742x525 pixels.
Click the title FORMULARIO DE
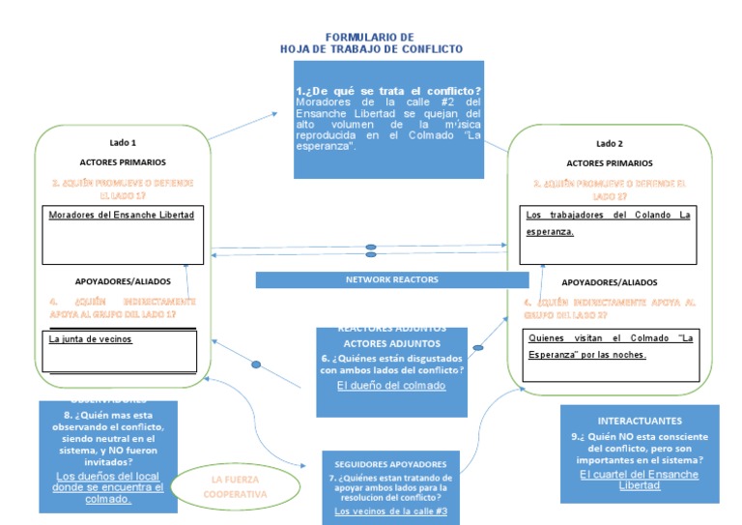click(x=370, y=36)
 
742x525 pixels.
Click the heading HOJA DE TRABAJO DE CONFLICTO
click(x=371, y=48)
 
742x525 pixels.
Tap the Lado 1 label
click(x=123, y=141)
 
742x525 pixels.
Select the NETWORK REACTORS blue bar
click(x=391, y=279)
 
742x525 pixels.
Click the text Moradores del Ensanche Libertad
click(x=121, y=214)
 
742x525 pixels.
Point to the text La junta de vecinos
click(x=90, y=339)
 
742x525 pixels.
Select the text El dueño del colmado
click(x=391, y=386)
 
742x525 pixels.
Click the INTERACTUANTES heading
click(x=640, y=422)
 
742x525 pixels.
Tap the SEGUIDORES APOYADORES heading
click(x=390, y=464)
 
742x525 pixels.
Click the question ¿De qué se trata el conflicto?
click(x=389, y=91)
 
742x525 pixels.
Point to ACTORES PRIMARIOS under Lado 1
click(x=123, y=162)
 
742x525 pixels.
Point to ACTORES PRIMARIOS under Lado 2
click(x=610, y=163)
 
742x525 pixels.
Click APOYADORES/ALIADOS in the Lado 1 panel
click(x=123, y=281)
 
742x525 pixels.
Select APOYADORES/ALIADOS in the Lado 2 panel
click(x=610, y=282)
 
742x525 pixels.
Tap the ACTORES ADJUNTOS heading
click(x=391, y=343)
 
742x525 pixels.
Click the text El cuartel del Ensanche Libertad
click(x=639, y=480)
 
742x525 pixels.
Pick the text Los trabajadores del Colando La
click(x=608, y=215)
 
